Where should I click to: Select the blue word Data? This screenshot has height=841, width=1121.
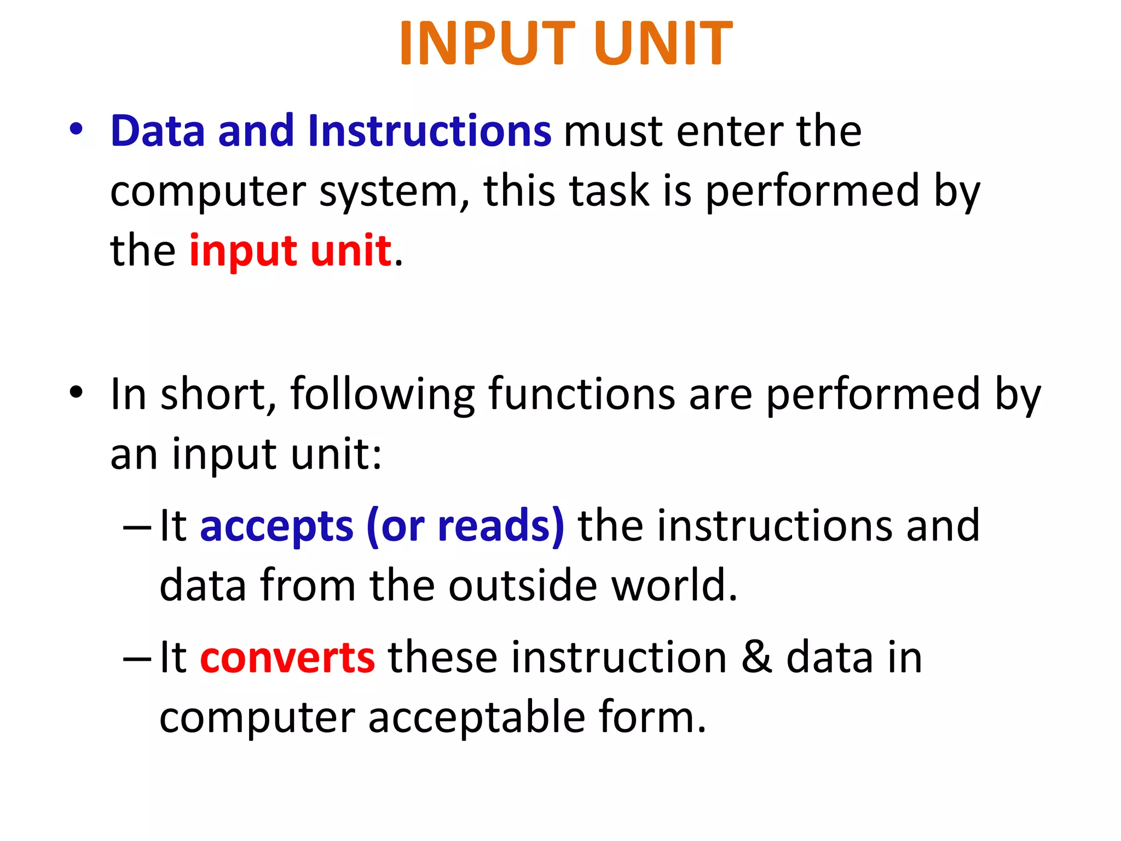click(158, 131)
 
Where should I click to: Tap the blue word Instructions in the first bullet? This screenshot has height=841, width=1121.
click(429, 131)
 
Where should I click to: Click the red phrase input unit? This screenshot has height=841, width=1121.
click(290, 251)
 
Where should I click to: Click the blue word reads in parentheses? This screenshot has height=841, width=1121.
click(494, 526)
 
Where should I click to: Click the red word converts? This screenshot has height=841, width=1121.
click(288, 658)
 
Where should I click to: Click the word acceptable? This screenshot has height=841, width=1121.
click(477, 718)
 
